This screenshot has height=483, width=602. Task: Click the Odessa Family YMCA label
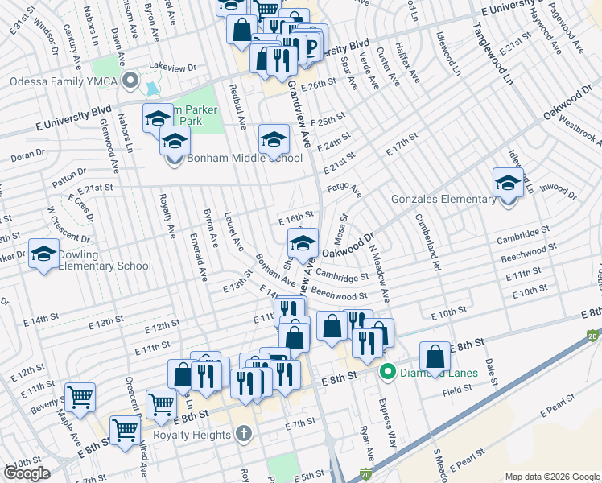(x=64, y=82)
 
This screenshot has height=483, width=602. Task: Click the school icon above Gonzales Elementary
(x=508, y=183)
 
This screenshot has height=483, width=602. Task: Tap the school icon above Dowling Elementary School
(x=43, y=254)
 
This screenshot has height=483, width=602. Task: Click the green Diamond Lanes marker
(x=388, y=372)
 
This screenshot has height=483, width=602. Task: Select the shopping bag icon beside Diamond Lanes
(x=435, y=357)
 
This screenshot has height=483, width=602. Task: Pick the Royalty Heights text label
(x=197, y=435)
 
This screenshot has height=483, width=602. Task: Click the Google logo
(x=27, y=473)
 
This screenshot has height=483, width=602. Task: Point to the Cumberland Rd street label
(x=427, y=242)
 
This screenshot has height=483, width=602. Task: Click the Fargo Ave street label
(x=344, y=188)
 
